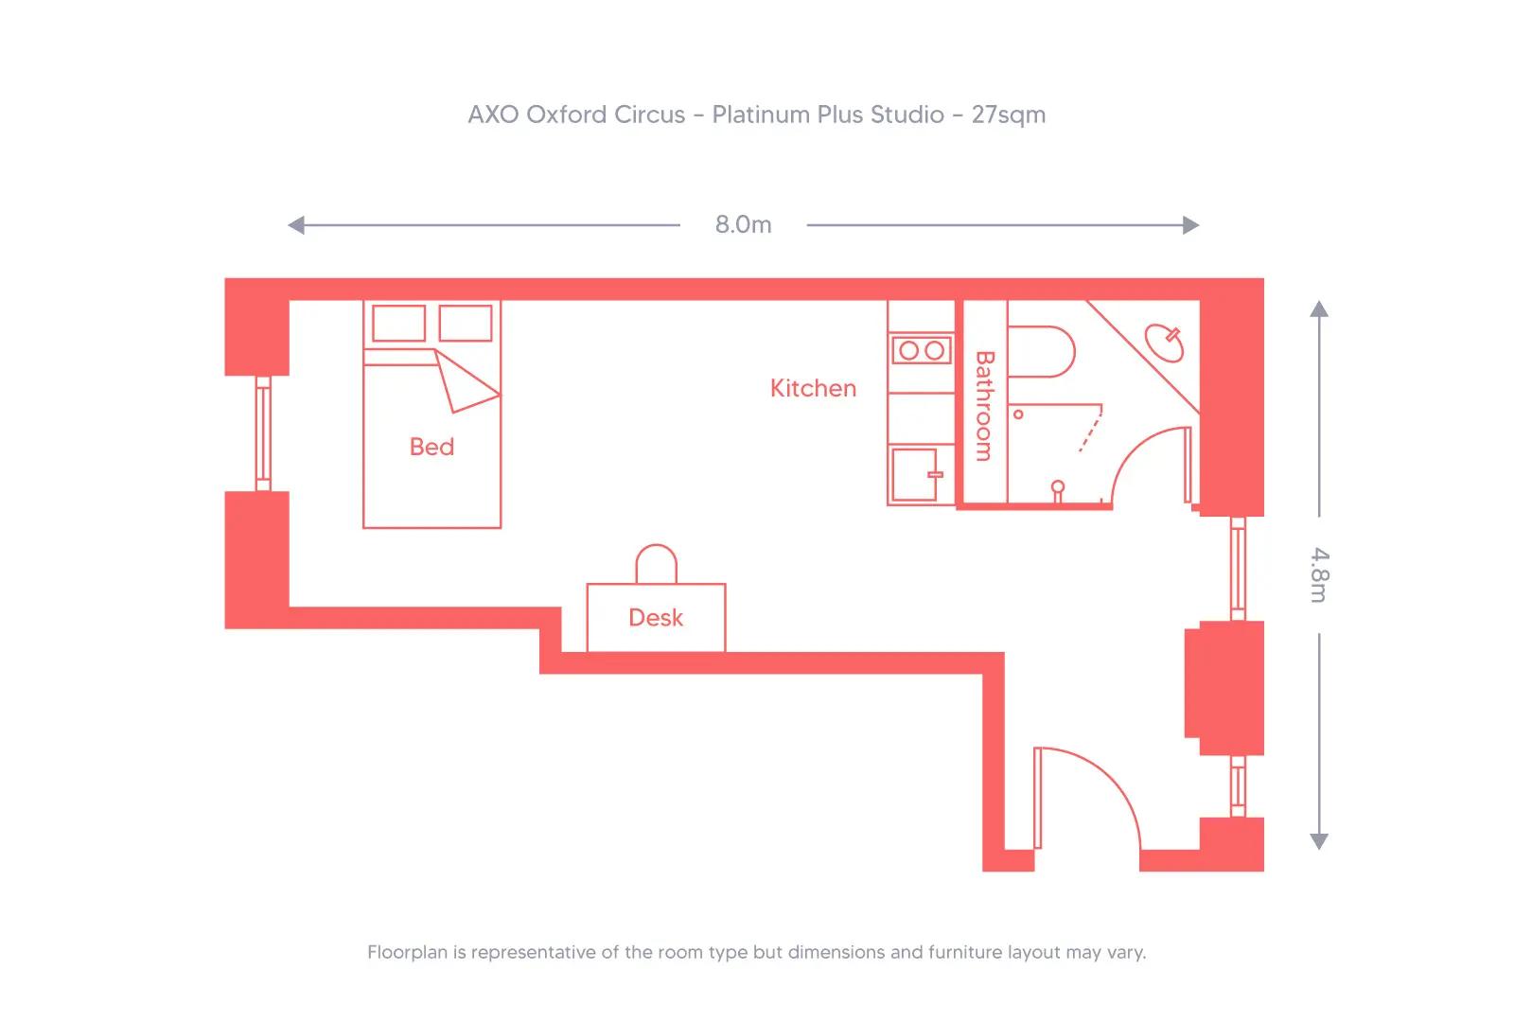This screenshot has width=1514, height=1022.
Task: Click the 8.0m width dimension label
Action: pos(743,224)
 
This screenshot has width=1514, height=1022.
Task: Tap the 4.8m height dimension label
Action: pos(1319,574)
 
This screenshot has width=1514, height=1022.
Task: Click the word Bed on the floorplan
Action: pos(431,447)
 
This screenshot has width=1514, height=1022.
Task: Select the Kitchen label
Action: pos(813,388)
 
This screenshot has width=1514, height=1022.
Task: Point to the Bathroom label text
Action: pos(984,406)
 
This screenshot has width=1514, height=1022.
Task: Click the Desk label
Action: pos(656,618)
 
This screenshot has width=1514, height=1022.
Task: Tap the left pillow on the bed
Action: pos(398,323)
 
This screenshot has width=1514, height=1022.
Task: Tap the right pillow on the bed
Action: pos(466,323)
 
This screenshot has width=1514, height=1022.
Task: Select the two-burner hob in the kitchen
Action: pos(922,350)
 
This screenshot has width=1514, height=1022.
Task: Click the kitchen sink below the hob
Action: pos(914,474)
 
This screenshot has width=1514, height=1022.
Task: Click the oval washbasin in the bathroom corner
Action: pos(1164,343)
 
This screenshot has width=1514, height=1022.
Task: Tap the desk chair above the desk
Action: pos(656,565)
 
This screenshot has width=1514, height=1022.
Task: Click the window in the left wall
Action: pos(263,433)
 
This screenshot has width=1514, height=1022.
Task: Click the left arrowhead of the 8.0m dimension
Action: pos(296,225)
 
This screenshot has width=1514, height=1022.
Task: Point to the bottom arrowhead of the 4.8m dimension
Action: pos(1319,841)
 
